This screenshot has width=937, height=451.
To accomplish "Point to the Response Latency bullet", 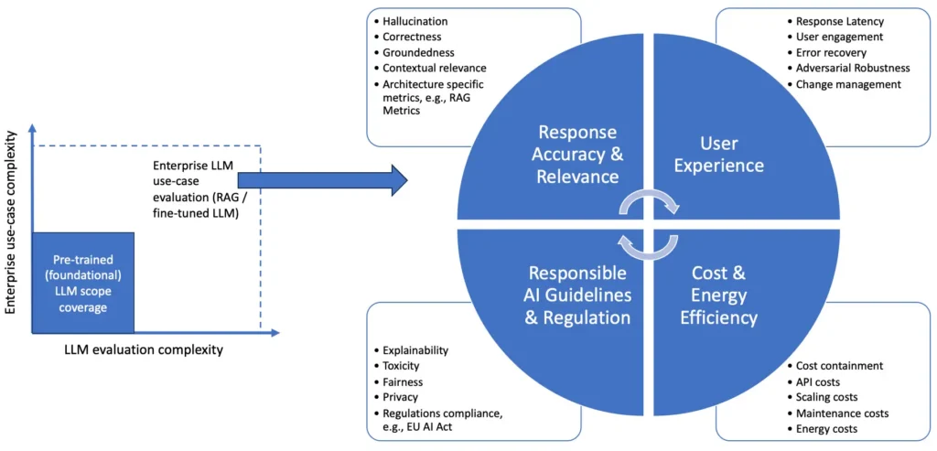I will point(840,21).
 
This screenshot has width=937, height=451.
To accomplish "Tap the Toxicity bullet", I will point(401,366).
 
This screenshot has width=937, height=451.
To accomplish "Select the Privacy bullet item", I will point(399,397).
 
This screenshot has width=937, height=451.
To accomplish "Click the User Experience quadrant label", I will point(731,155).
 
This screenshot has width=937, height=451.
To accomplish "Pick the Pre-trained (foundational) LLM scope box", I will point(84,282).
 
